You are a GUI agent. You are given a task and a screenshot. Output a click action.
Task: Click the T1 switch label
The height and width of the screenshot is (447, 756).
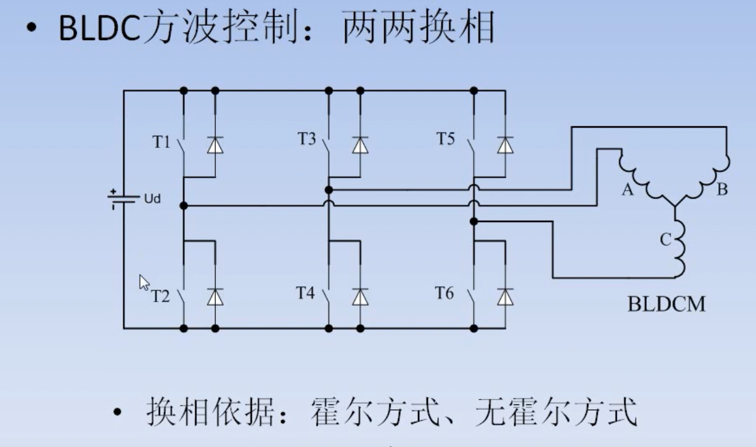(x=161, y=142)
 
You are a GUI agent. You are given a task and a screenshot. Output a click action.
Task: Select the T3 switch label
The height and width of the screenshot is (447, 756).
(x=306, y=139)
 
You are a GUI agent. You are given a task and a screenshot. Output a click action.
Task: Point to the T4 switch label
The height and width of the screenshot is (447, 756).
(x=306, y=293)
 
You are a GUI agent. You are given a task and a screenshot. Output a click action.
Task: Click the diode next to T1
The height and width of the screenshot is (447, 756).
(x=215, y=145)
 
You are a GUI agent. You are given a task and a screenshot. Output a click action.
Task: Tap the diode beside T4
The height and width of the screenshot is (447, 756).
(x=360, y=298)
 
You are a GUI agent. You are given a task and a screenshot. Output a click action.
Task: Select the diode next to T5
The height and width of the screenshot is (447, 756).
(x=505, y=145)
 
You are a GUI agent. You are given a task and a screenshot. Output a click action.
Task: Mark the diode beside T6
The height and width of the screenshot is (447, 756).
(x=505, y=298)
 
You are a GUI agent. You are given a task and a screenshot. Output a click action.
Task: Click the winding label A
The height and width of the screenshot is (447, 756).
(x=627, y=191)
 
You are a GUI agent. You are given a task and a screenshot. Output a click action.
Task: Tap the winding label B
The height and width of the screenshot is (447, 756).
(x=722, y=190)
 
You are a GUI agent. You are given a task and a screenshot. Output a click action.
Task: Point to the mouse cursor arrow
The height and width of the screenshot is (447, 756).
(x=144, y=282)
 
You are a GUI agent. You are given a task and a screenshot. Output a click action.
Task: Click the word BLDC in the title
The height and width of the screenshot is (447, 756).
(x=99, y=28)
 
